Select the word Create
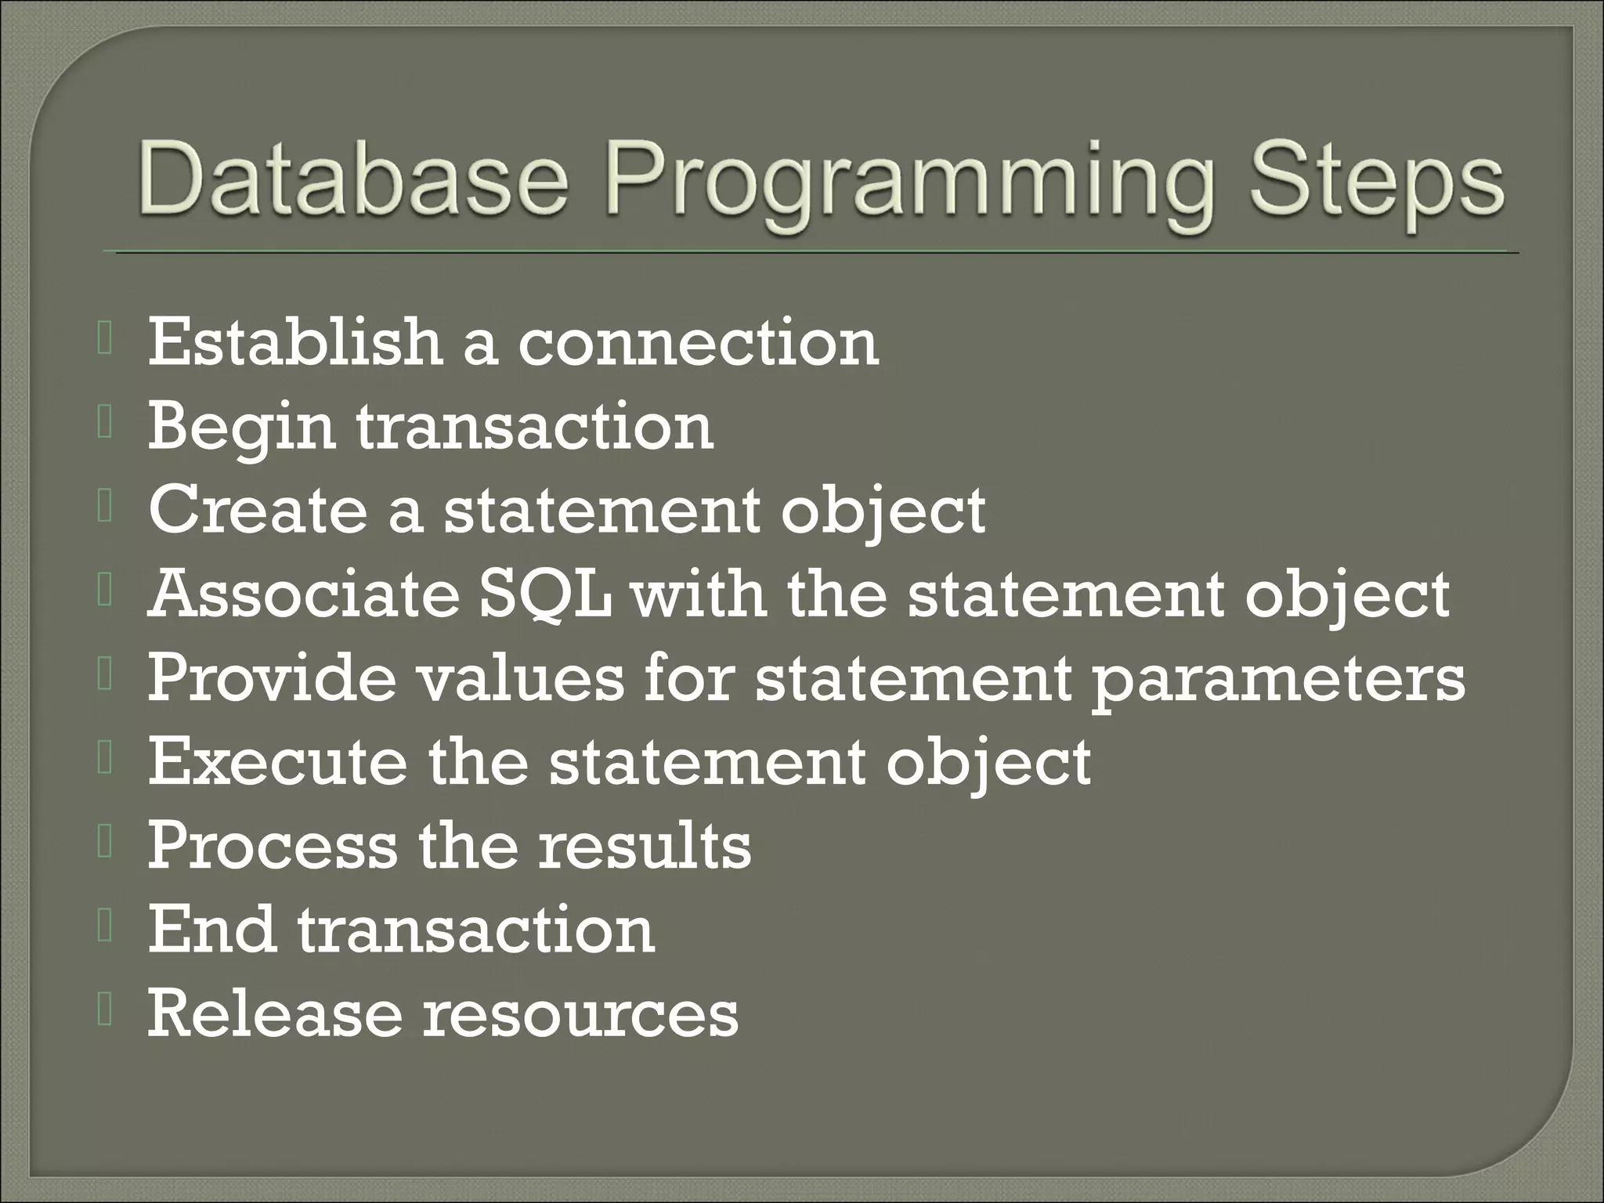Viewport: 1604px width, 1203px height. (258, 510)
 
